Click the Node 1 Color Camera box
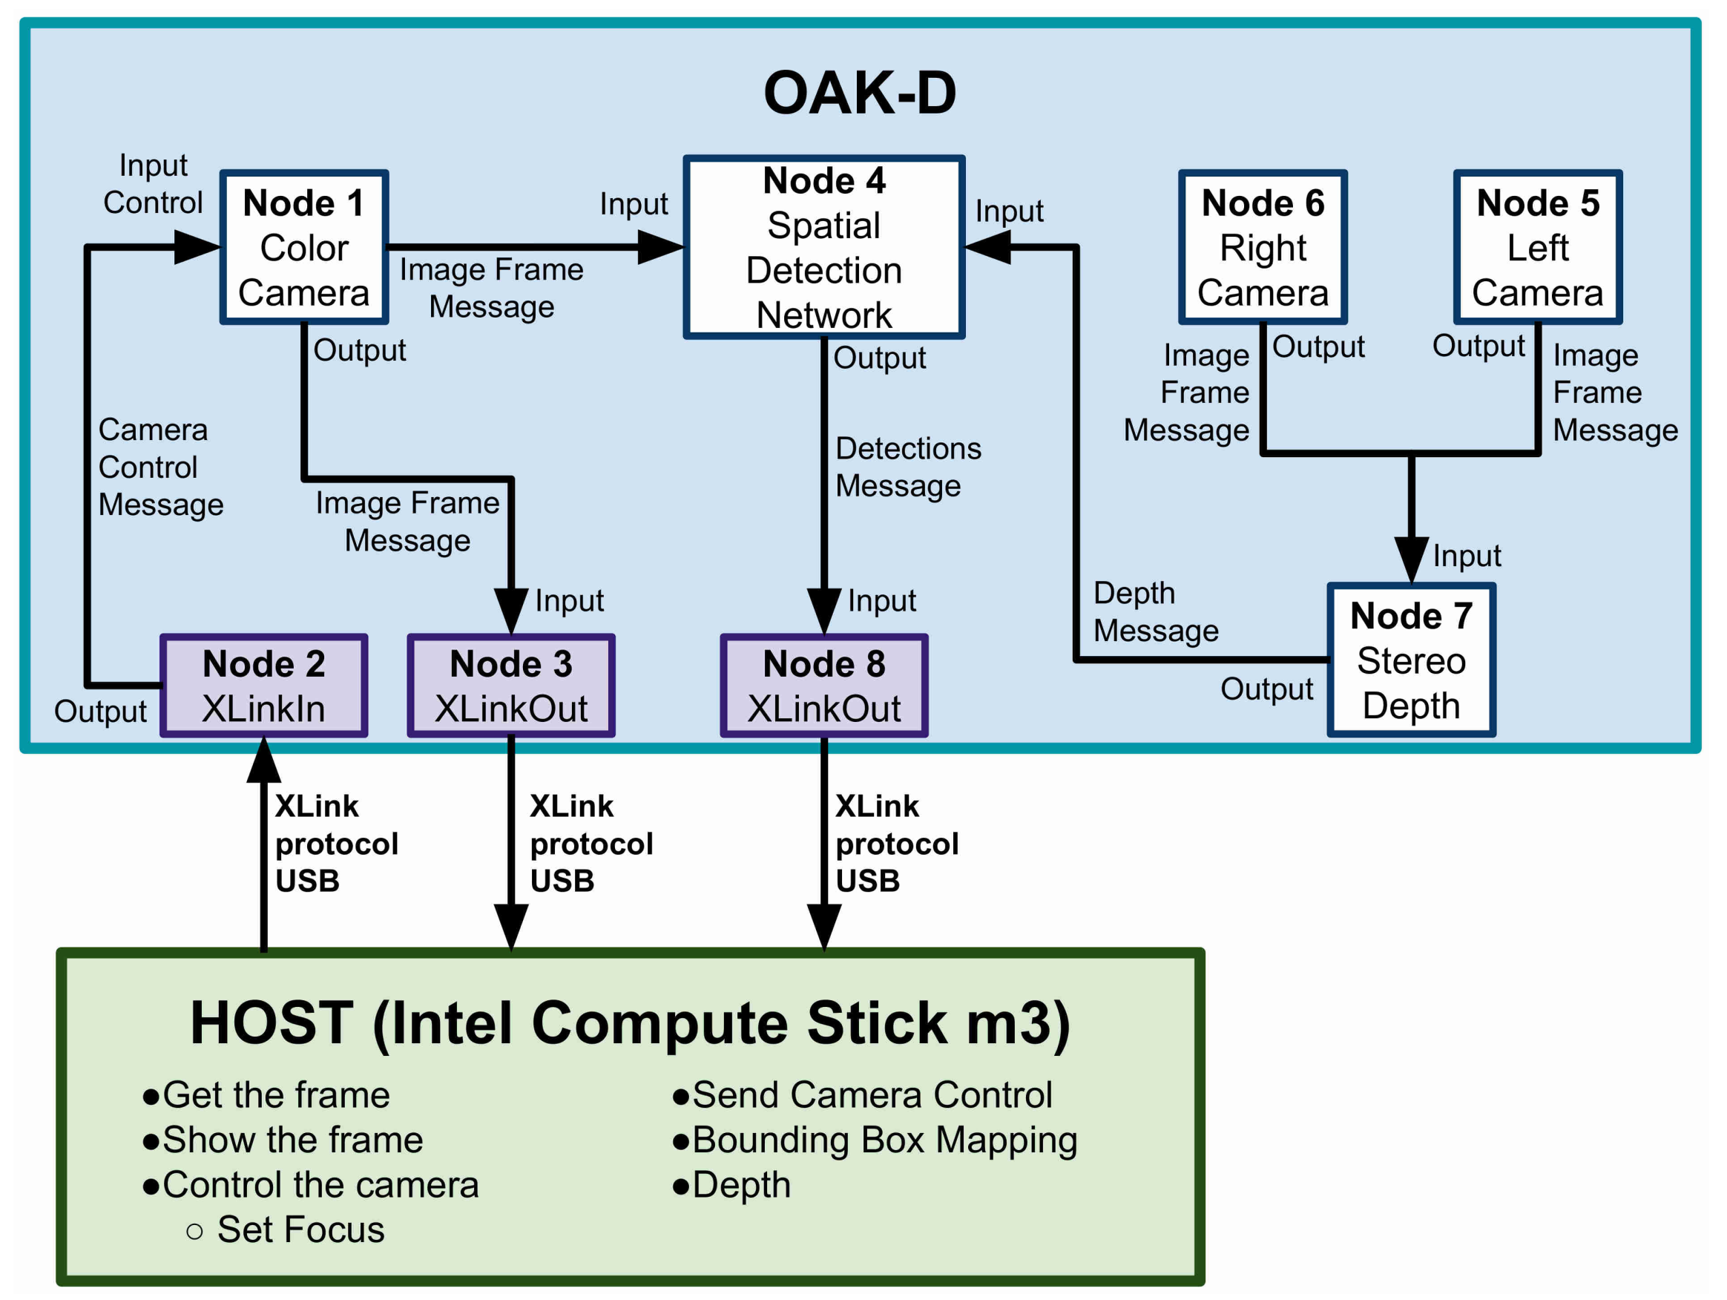coord(303,247)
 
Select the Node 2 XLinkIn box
coord(264,686)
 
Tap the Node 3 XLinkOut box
coord(511,686)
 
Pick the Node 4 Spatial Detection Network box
coord(824,247)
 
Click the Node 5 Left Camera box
coord(1538,247)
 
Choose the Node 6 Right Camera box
coord(1263,247)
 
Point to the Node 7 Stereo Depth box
coord(1412,660)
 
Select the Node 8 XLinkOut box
coord(824,686)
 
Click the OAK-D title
coord(860,93)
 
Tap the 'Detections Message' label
coord(908,467)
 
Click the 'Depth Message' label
coord(1156,611)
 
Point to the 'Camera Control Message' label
coord(161,467)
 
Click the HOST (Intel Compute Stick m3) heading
coord(630,1022)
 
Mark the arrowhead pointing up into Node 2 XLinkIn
coord(264,760)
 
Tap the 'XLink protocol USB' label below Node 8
coord(897,843)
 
